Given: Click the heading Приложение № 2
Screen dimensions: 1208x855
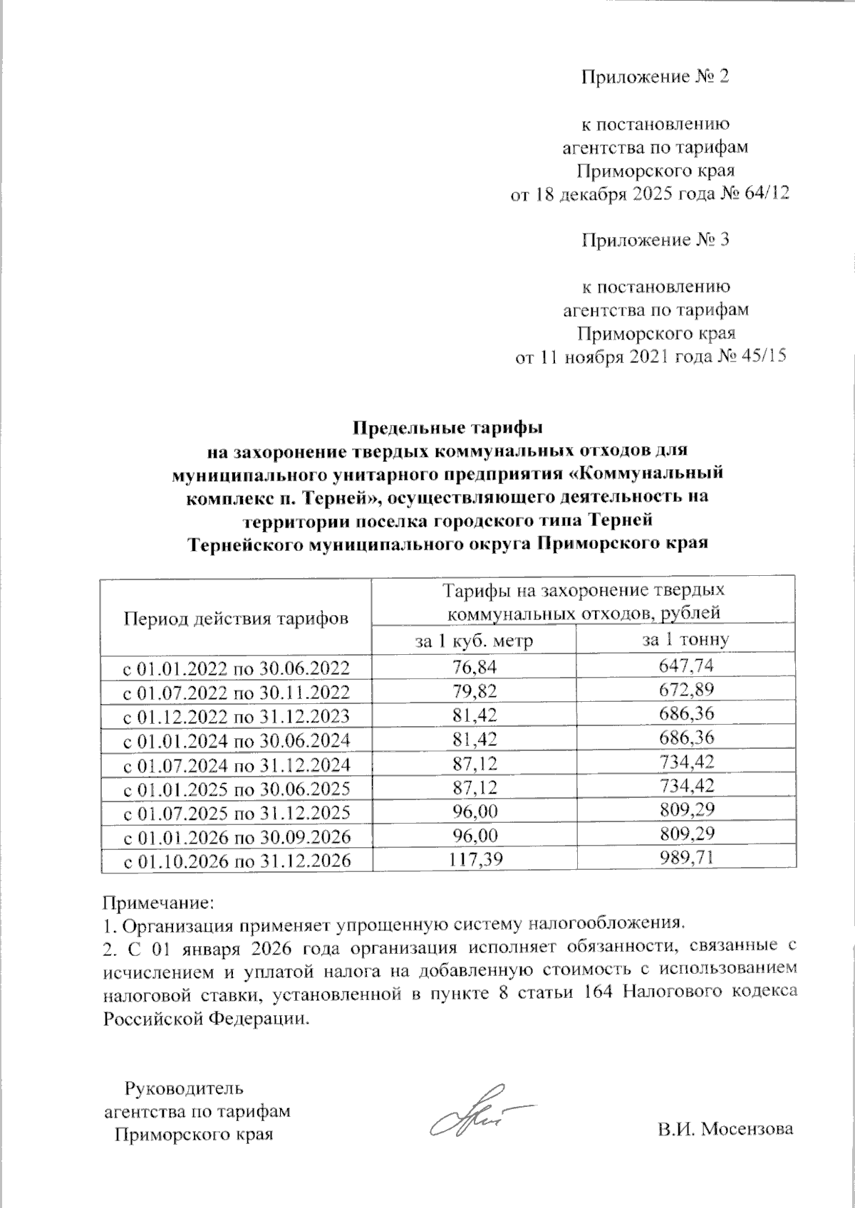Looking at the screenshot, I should [x=655, y=77].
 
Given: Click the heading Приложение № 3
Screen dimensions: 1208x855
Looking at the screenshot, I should [x=655, y=240].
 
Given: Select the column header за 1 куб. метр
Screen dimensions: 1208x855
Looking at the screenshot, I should [x=474, y=640].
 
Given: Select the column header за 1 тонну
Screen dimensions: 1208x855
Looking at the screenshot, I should [x=685, y=639].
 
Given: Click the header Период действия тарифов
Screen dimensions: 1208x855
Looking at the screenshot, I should [x=237, y=617].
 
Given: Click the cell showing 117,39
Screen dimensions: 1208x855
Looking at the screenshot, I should [x=474, y=860].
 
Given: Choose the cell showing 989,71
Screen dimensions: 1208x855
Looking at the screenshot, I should [x=685, y=859].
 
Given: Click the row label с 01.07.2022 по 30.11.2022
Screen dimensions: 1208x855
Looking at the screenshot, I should [x=237, y=692].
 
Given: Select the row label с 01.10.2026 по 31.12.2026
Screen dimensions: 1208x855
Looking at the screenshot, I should [x=237, y=861].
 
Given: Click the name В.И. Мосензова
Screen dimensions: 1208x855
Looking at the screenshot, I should [x=725, y=1129].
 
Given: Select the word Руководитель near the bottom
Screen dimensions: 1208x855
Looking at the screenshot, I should [x=184, y=1088].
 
